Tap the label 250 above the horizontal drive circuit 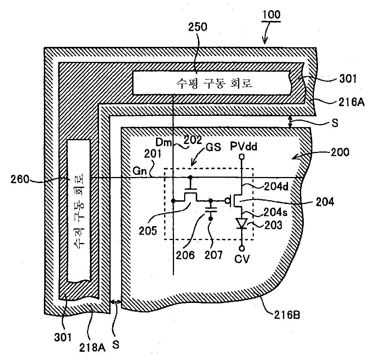(198, 27)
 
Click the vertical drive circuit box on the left (78, 211)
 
